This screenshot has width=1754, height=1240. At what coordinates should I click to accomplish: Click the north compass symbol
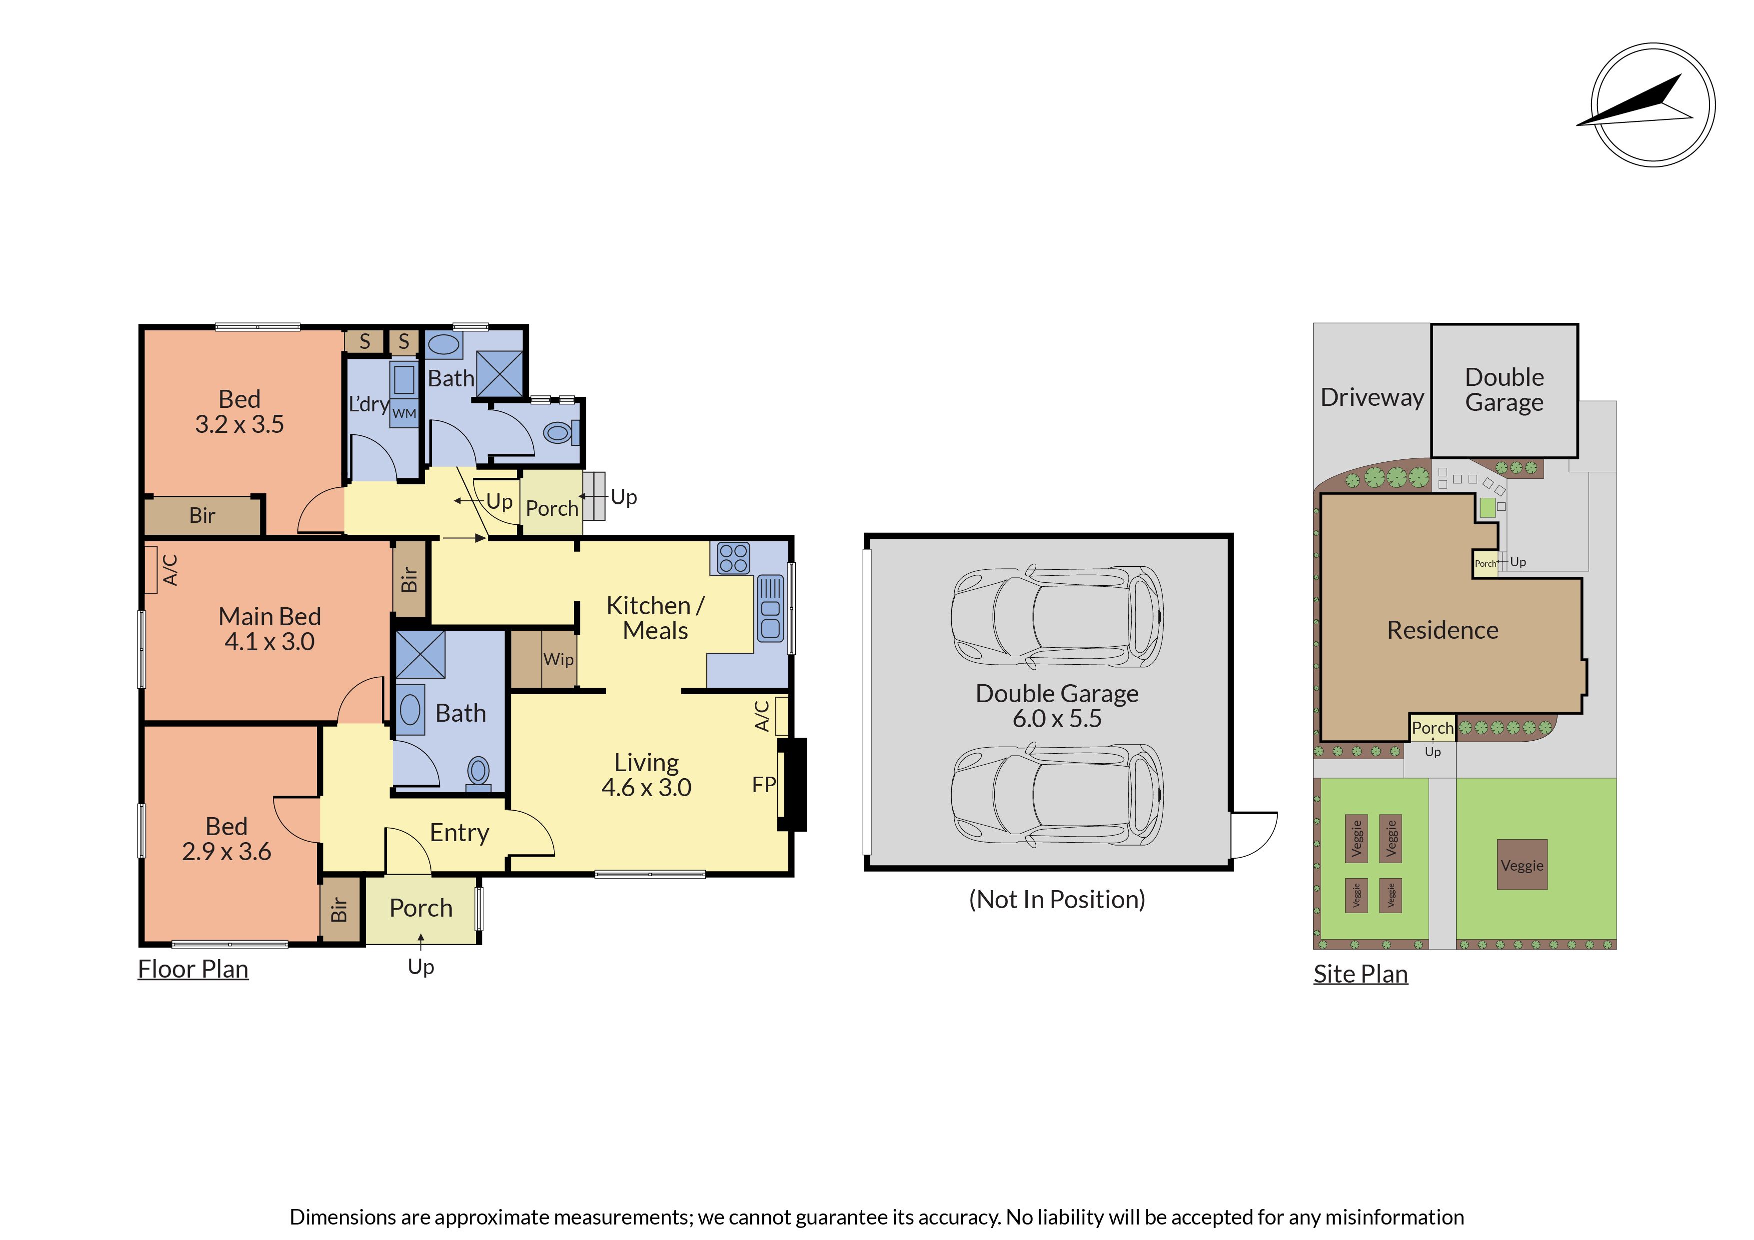click(x=1653, y=104)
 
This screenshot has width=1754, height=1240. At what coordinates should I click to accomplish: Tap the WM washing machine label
click(x=404, y=413)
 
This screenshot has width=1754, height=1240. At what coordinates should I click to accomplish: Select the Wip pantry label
click(x=558, y=659)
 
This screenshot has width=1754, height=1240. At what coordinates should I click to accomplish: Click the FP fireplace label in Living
click(x=764, y=785)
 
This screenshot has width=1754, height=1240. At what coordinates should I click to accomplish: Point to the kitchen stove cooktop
click(x=733, y=558)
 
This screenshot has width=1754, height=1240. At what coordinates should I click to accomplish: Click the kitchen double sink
click(x=771, y=608)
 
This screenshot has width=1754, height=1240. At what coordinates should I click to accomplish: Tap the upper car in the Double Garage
click(x=1057, y=617)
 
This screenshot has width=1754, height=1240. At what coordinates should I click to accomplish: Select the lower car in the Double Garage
click(x=1057, y=795)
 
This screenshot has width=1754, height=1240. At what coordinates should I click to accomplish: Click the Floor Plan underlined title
click(x=193, y=970)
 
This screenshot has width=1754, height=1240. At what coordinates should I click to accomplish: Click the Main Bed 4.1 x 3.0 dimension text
click(x=269, y=642)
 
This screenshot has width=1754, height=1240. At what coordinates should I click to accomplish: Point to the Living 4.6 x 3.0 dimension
click(x=646, y=788)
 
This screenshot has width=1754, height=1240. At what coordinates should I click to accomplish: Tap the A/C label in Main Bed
click(x=170, y=570)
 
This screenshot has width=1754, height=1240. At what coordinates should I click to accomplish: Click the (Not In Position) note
click(x=1057, y=900)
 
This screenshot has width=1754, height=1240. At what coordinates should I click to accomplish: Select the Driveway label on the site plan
click(x=1372, y=397)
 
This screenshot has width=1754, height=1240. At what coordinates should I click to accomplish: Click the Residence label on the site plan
click(x=1442, y=630)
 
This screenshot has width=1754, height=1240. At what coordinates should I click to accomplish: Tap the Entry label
click(x=459, y=833)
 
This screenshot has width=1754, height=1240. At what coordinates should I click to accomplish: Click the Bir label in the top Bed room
click(x=202, y=516)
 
